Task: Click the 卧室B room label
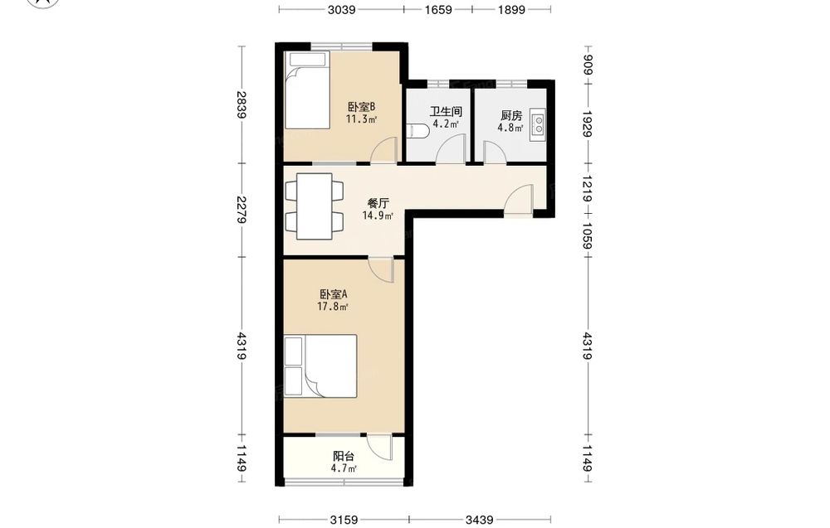pos(361,107)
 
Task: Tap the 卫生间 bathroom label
pos(446,112)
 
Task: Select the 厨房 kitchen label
pos(510,115)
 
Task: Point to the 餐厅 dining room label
pos(378,203)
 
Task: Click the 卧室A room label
pos(333,294)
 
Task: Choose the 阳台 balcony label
pos(344,456)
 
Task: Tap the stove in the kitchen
pos(537,125)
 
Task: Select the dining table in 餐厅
pos(315,206)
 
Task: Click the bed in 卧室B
pos(307,90)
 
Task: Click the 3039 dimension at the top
pos(341,9)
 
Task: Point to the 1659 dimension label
pos(437,9)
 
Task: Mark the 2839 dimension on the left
pos(242,104)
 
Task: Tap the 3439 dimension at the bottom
pos(480,520)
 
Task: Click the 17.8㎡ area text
pos(333,307)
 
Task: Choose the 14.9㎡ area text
pos(378,216)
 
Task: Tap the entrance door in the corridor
pos(519,200)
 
